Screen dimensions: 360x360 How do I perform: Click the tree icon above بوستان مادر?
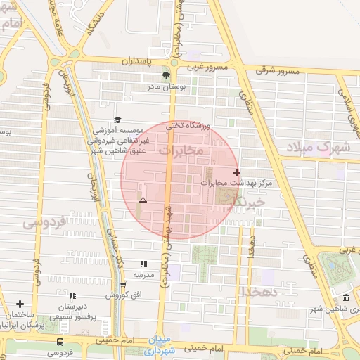tap(167, 75)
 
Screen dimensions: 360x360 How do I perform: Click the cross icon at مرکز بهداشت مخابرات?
tap(236, 172)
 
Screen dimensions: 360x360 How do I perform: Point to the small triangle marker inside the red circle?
tap(143, 200)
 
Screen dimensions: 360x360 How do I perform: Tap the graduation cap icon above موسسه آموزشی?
tap(117, 120)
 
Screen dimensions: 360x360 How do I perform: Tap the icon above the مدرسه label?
tap(144, 264)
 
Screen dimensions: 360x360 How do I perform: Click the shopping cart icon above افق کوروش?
tap(124, 285)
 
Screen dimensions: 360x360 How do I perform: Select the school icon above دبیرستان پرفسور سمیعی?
tap(72, 296)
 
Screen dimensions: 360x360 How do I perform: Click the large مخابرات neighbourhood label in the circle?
tap(181, 150)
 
